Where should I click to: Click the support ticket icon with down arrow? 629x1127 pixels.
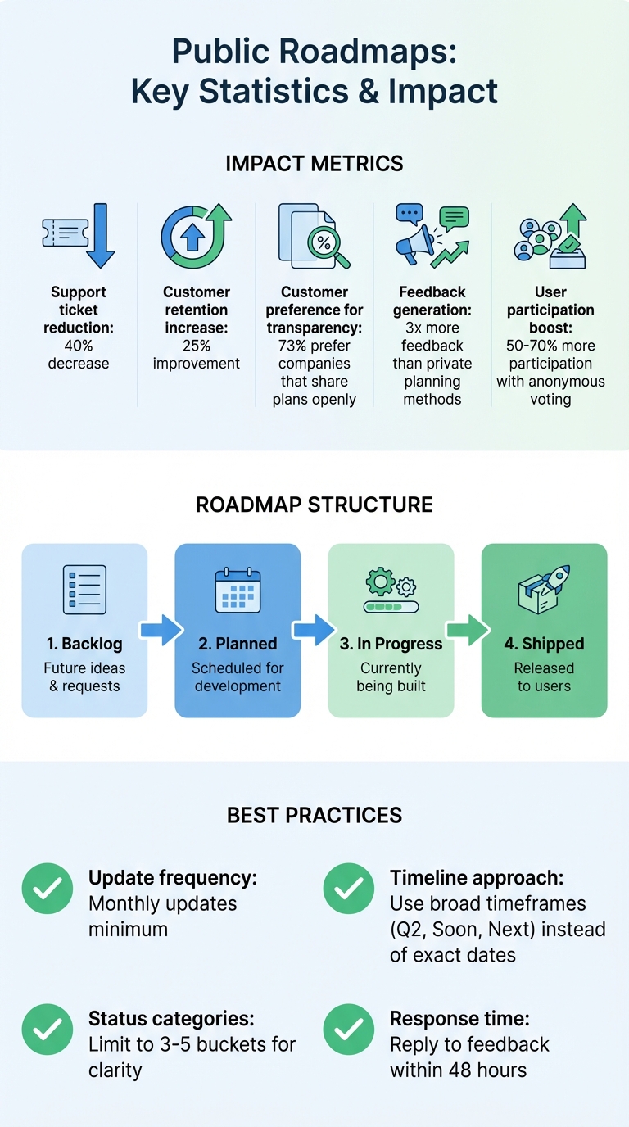coord(79,236)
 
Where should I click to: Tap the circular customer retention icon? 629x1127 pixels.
coord(195,237)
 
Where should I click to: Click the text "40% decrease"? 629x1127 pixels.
coord(79,355)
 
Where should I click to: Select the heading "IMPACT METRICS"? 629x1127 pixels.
coord(314,164)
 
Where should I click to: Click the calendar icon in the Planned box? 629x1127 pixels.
coord(238,591)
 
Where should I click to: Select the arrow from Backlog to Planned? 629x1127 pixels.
coord(161,630)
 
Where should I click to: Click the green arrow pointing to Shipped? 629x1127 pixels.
coord(468,630)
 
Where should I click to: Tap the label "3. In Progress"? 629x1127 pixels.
coord(391,644)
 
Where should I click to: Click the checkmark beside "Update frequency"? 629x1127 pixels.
coord(47,889)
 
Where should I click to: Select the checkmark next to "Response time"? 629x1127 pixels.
coord(349,1030)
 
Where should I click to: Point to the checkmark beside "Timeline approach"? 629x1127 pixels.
coord(349,889)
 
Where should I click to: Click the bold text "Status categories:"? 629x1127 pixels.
coord(171,1019)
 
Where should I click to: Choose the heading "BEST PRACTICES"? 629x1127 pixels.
coord(314,816)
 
